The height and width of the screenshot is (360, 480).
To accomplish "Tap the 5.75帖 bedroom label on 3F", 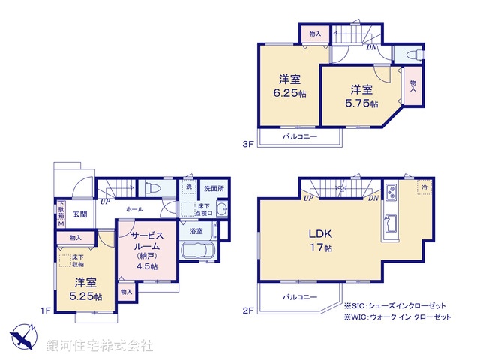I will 362,95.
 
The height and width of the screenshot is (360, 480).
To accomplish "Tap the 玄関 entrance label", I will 80,214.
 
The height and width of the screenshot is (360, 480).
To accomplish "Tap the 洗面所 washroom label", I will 214,188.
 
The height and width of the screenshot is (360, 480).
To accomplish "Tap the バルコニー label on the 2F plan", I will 299,298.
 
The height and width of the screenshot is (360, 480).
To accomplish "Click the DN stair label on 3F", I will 371,48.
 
